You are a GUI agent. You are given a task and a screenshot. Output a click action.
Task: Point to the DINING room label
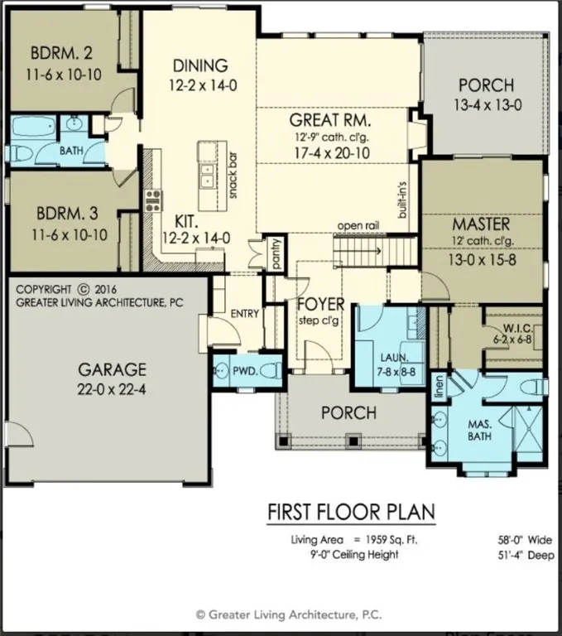[199, 65]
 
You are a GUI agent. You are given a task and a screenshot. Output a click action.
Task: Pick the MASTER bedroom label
[481, 224]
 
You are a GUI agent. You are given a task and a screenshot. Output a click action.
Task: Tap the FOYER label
[320, 304]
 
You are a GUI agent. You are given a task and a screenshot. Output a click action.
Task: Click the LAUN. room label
[390, 358]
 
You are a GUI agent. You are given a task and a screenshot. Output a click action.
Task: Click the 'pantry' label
[276, 253]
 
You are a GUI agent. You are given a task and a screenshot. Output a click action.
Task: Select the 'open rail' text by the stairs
[358, 226]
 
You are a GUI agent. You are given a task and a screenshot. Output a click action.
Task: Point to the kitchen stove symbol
[154, 200]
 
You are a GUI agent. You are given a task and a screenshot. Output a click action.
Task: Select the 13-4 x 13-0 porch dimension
[486, 104]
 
